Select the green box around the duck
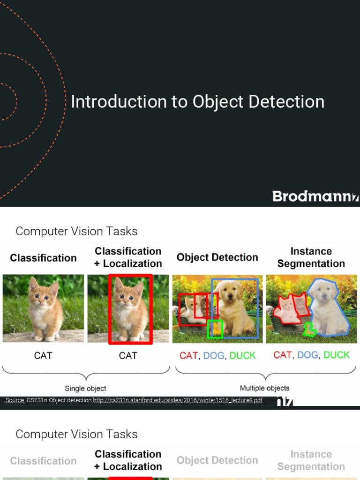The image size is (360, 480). click(x=215, y=330)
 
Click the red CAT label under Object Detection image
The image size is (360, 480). click(x=188, y=356)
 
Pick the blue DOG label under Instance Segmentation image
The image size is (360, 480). click(x=307, y=355)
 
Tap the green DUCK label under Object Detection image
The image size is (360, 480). click(x=242, y=356)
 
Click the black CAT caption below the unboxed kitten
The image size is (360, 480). click(x=43, y=356)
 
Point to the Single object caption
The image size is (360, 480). click(x=85, y=388)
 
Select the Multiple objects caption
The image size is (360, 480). click(x=264, y=388)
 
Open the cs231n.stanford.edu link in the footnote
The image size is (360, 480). click(x=178, y=400)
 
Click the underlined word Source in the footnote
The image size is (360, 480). click(x=15, y=400)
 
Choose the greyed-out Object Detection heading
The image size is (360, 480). click(x=217, y=460)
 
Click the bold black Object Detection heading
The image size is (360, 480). click(x=217, y=257)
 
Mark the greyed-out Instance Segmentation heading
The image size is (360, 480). click(x=311, y=460)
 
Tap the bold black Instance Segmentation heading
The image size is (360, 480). click(x=311, y=257)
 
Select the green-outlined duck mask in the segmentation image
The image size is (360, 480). click(x=309, y=330)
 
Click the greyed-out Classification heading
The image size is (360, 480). click(x=43, y=461)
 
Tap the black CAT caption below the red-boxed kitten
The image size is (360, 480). click(x=128, y=356)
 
